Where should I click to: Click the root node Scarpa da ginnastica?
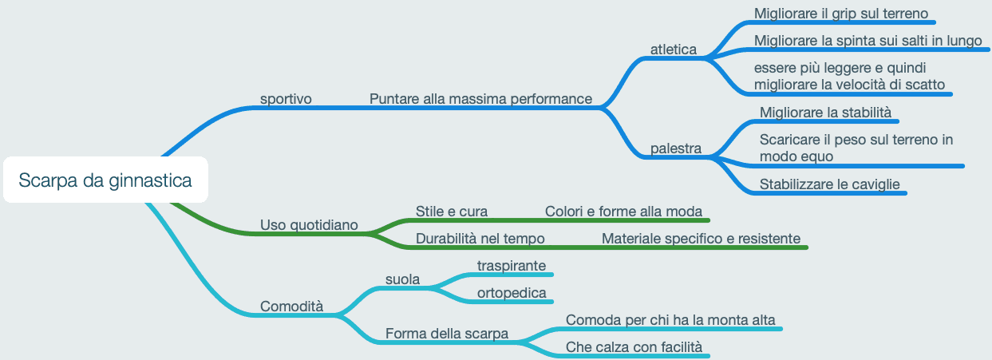click(x=105, y=180)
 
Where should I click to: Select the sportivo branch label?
click(x=286, y=99)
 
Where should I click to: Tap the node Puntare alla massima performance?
click(x=480, y=99)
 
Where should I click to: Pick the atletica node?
click(x=673, y=49)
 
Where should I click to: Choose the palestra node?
click(x=675, y=148)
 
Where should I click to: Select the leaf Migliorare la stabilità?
click(x=825, y=112)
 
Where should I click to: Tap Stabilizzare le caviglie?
click(x=829, y=184)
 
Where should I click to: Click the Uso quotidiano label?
click(x=309, y=225)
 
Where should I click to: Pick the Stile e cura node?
click(x=451, y=212)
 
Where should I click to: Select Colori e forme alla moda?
click(x=623, y=212)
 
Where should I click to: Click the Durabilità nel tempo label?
click(x=480, y=238)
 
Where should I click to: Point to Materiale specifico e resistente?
click(x=701, y=238)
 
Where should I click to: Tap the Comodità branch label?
click(x=291, y=307)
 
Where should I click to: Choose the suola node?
click(x=402, y=279)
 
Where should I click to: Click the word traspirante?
click(x=511, y=265)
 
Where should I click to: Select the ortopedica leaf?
click(x=511, y=293)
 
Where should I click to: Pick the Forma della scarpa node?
click(x=446, y=334)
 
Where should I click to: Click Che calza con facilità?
click(x=634, y=347)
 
